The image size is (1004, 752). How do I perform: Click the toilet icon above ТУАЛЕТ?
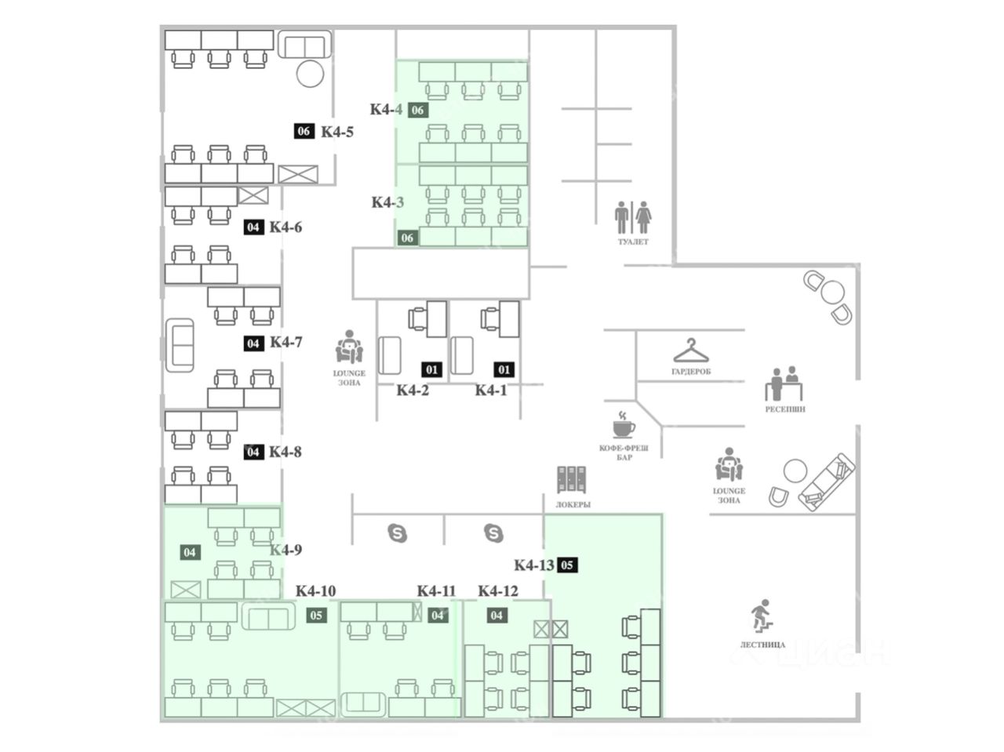click(633, 216)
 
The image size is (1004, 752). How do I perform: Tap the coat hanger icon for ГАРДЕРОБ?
click(690, 350)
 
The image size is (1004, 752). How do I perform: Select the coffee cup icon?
click(624, 424)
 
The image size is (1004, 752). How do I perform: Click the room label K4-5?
click(337, 132)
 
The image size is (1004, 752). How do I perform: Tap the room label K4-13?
click(534, 565)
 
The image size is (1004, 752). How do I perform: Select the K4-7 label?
click(286, 343)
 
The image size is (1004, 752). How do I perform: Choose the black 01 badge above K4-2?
click(431, 369)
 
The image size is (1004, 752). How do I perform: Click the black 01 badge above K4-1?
click(504, 369)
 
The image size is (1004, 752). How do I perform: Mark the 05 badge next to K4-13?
click(568, 565)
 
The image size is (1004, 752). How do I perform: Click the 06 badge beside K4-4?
click(417, 110)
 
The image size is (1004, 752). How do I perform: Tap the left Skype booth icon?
click(398, 534)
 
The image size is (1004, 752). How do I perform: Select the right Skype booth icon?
click(493, 534)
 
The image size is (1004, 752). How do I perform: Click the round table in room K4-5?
click(309, 74)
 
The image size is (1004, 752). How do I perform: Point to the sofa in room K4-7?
click(180, 346)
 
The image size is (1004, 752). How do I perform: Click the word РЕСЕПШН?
click(785, 409)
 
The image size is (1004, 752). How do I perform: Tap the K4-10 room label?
click(315, 591)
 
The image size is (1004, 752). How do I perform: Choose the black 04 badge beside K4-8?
click(253, 452)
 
